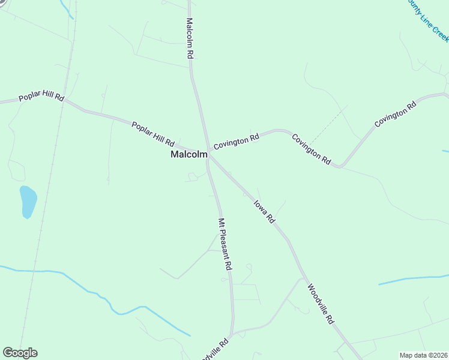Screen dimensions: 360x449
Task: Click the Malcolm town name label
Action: tap(189, 154)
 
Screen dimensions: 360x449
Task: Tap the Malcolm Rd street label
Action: tap(189, 38)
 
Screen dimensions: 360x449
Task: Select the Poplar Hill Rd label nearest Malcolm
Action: tap(152, 134)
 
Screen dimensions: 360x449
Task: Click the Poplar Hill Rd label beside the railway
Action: tap(41, 97)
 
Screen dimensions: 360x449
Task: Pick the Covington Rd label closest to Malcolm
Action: tap(236, 142)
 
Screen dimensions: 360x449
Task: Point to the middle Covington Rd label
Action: tap(312, 149)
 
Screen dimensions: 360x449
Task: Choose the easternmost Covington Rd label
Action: tap(395, 114)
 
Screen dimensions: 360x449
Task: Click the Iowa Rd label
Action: tap(264, 211)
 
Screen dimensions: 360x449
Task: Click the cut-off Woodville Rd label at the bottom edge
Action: tap(215, 348)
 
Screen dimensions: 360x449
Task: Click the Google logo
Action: tap(20, 353)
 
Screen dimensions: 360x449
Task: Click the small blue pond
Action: tap(28, 200)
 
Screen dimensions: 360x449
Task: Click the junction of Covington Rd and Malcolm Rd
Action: tap(208, 149)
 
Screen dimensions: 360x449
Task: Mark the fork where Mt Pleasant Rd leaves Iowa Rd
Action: tap(209, 158)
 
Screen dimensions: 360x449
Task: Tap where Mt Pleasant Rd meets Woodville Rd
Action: tap(232, 334)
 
